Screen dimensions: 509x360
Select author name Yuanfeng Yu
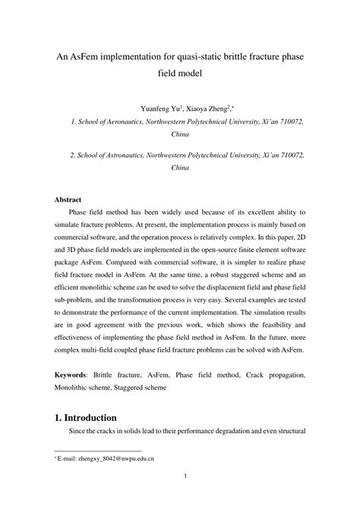pos(137,108)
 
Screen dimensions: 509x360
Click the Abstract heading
pos(68,200)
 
